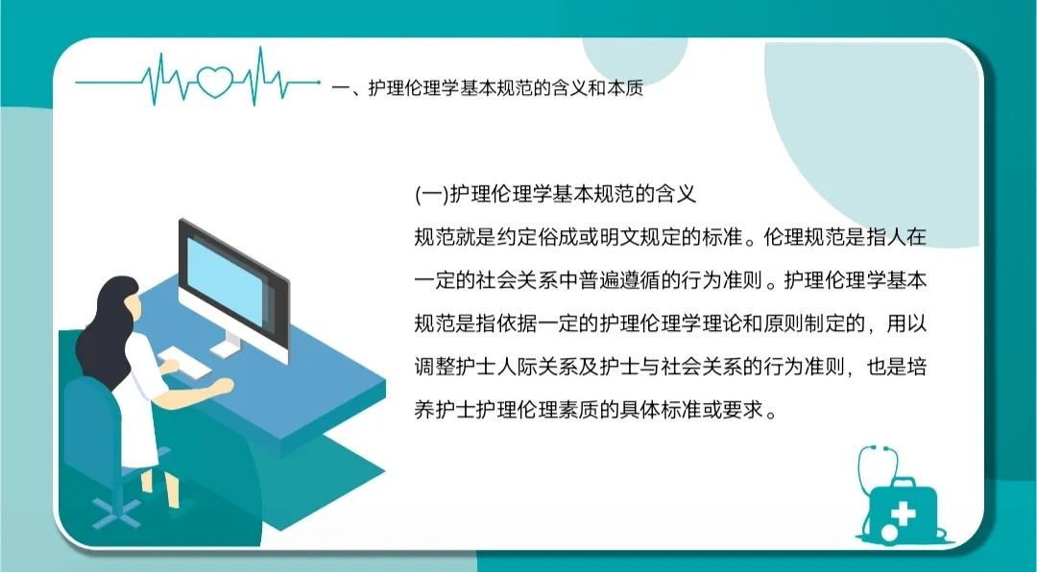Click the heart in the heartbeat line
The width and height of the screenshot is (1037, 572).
pyautogui.click(x=216, y=83)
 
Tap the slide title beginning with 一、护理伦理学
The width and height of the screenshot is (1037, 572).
pyautogui.click(x=488, y=88)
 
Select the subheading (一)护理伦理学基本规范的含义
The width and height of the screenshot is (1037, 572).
pyautogui.click(x=556, y=195)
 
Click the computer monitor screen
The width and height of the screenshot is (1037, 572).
pyautogui.click(x=225, y=281)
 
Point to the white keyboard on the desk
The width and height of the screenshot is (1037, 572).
pyautogui.click(x=184, y=363)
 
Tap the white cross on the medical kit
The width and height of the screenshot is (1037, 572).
pyautogui.click(x=902, y=512)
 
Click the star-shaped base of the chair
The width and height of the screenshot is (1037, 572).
pyautogui.click(x=116, y=512)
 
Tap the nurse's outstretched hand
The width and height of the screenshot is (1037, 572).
pyautogui.click(x=224, y=385)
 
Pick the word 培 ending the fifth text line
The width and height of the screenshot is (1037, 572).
pyautogui.click(x=917, y=367)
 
